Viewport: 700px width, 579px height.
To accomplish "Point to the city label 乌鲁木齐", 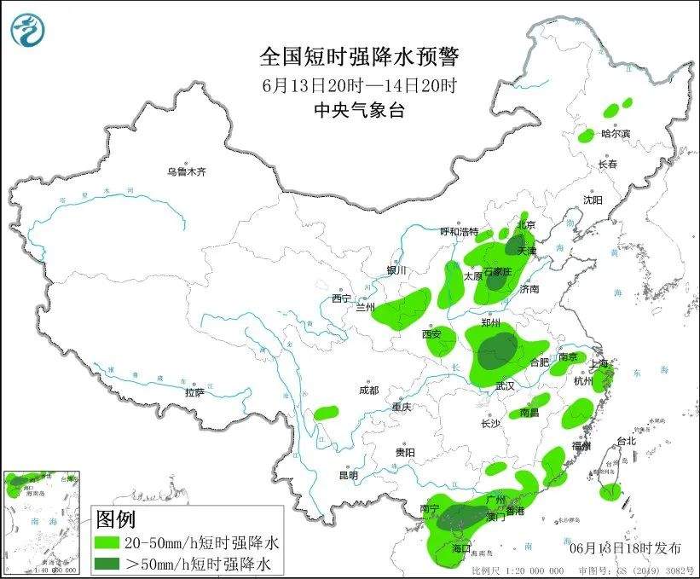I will tap(187, 172).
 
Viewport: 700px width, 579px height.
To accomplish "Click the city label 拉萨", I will tap(194, 392).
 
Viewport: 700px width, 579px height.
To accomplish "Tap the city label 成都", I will tap(368, 390).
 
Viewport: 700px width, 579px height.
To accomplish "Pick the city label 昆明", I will tap(349, 475).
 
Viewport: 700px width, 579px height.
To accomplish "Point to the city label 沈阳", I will tap(592, 200).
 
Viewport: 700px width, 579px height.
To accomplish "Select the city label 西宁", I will tap(342, 298).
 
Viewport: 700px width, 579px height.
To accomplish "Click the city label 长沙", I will tap(490, 423).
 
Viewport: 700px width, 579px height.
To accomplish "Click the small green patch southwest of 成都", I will tap(326, 413).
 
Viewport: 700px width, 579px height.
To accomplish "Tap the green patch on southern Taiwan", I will tap(610, 491).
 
